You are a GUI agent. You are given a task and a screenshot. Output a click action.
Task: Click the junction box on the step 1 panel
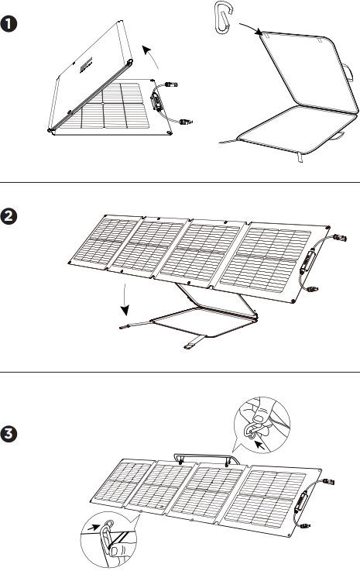pos(156,100)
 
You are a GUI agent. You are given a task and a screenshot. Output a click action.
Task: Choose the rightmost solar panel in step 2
pos(275,255)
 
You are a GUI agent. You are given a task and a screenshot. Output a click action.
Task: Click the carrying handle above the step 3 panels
pos(203,459)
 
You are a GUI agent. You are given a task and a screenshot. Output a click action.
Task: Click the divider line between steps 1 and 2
pos(180,183)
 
